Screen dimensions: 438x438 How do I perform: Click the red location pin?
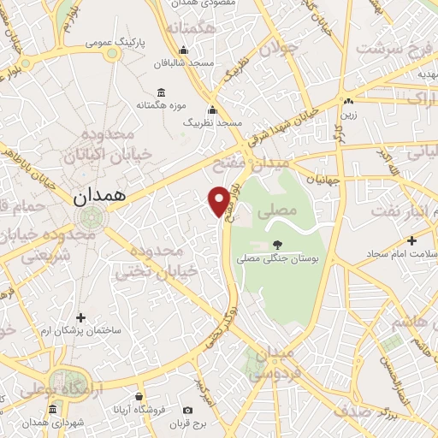(x=220, y=200)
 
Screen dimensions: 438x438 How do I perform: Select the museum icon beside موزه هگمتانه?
(x=161, y=93)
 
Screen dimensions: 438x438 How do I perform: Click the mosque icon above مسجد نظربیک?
(x=212, y=110)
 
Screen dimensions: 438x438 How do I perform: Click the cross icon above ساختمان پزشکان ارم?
(x=81, y=317)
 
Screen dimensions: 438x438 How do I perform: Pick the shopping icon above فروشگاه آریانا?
(x=139, y=396)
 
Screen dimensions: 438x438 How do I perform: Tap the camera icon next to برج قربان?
(x=188, y=411)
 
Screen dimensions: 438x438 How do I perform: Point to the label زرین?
(x=349, y=113)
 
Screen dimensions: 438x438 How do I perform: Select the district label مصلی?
(x=282, y=209)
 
